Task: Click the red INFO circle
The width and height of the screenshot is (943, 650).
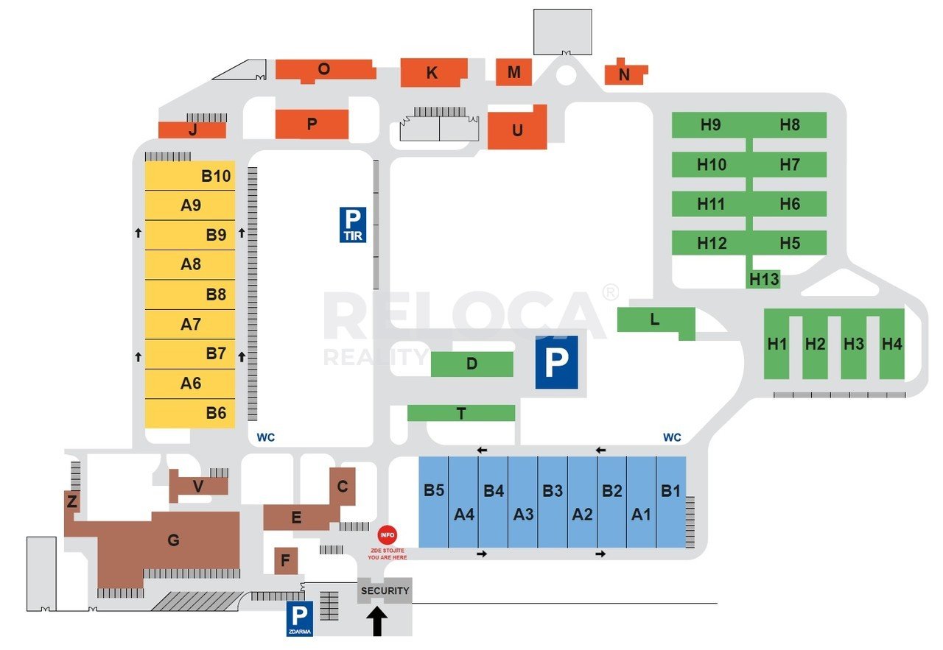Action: [x=387, y=534]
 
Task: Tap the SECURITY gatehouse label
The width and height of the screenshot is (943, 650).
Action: [x=385, y=590]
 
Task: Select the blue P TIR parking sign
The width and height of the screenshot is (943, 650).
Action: [x=353, y=225]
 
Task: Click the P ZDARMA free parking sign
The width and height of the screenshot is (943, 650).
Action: [x=300, y=618]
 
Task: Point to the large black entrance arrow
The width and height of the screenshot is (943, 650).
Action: [x=376, y=621]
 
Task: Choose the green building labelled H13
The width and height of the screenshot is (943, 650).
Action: [x=763, y=279]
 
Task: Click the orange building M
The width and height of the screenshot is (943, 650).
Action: [x=513, y=72]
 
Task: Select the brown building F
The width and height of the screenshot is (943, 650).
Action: [x=286, y=561]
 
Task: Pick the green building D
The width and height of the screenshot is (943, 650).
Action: [x=472, y=364]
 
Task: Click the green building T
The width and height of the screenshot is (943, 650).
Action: [x=461, y=413]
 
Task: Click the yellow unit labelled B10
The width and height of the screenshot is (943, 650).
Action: [x=190, y=175]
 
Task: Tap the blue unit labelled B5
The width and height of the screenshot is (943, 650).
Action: [x=434, y=502]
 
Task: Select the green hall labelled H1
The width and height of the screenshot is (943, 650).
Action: [x=777, y=345]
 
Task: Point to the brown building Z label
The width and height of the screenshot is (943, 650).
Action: [x=72, y=501]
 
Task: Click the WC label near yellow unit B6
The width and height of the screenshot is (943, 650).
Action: [x=266, y=437]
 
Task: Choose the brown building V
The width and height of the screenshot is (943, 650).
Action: [x=198, y=487]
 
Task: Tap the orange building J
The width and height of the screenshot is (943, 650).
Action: [x=192, y=130]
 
